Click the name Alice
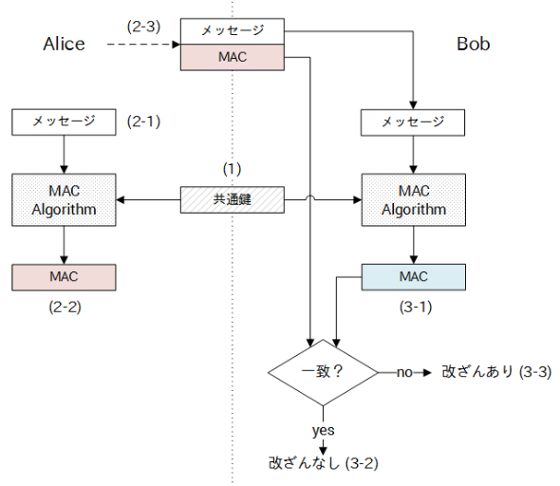tap(64, 45)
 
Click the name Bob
tap(474, 45)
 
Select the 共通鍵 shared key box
tap(233, 200)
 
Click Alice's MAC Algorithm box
tap(64, 199)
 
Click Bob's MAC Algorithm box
tap(414, 199)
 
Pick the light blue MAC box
tap(414, 277)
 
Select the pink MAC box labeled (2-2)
tap(64, 277)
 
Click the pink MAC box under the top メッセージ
tap(233, 57)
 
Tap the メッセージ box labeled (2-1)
tap(64, 121)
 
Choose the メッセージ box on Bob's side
tap(414, 121)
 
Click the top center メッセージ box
tap(233, 31)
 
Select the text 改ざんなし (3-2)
tap(323, 463)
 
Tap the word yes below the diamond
tap(323, 430)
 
